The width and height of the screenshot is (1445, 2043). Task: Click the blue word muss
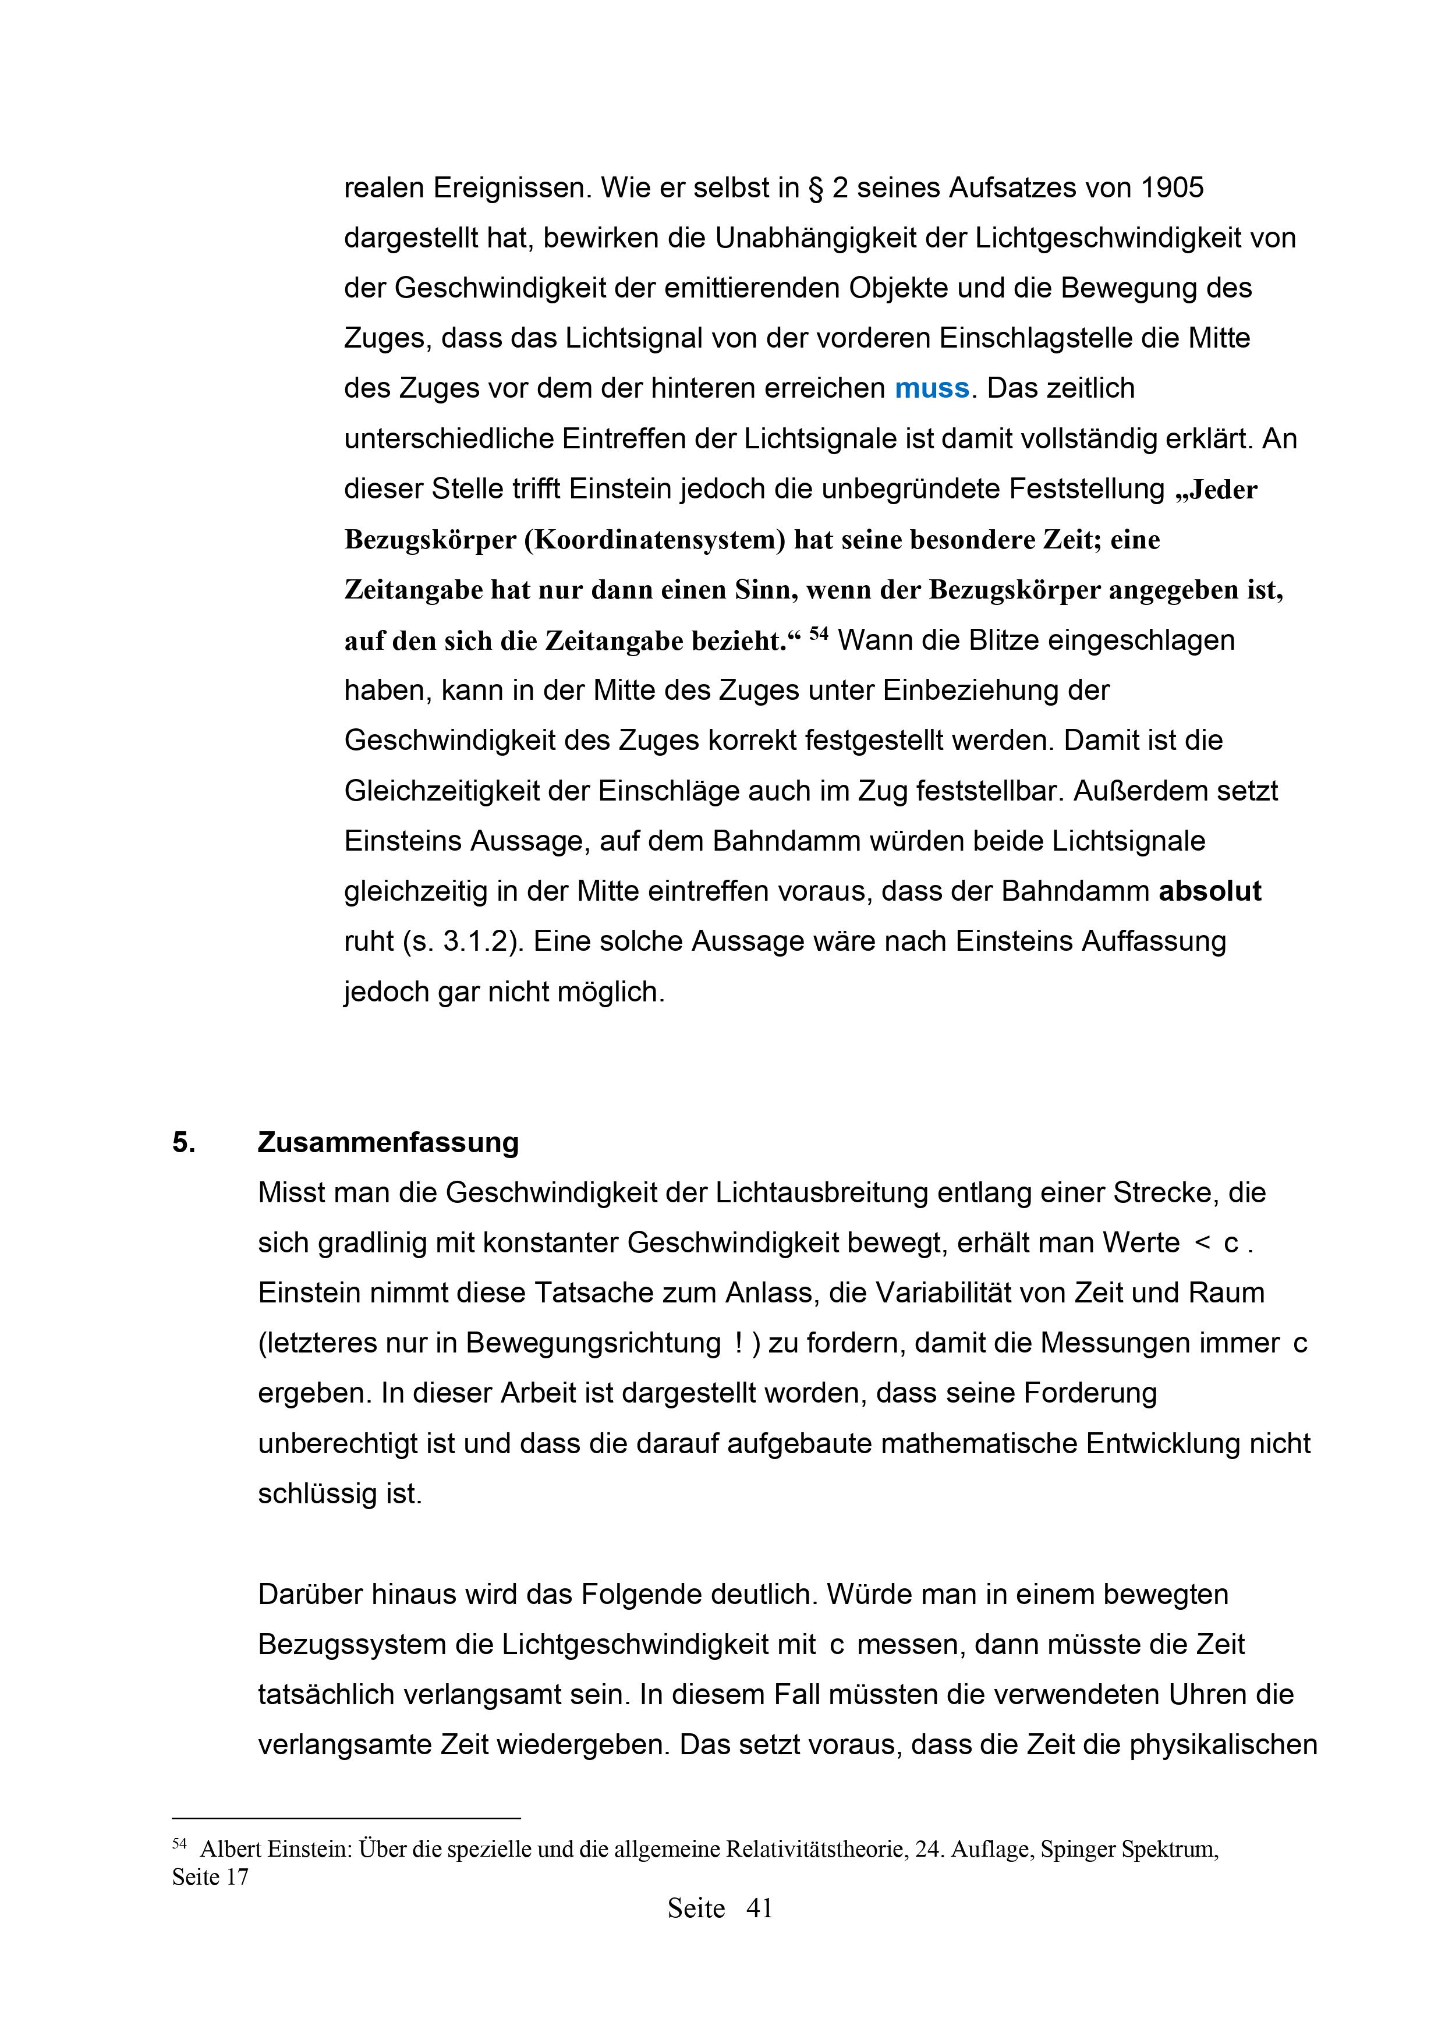pos(932,389)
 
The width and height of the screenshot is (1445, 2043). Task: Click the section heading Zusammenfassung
pos(388,1142)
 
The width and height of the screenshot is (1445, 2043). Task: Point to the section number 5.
pos(183,1142)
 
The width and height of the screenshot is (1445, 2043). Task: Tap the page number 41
pos(759,1909)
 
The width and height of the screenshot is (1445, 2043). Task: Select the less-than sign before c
pos(1202,1243)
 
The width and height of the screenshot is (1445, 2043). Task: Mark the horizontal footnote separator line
pos(346,1819)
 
